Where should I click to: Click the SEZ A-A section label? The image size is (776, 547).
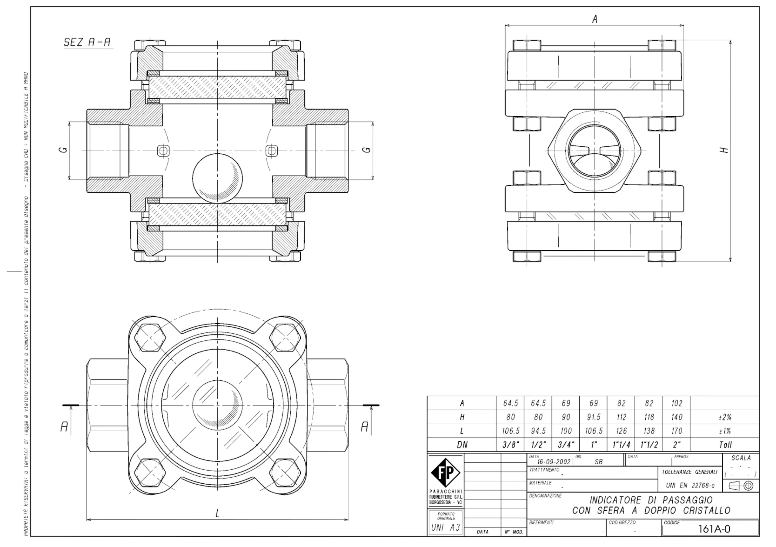[88, 42]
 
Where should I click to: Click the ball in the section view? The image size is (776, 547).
[217, 178]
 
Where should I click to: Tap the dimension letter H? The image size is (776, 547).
[724, 150]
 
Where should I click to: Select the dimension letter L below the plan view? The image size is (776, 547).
[217, 514]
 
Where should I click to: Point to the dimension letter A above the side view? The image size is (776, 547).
[595, 19]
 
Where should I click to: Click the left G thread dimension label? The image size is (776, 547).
[64, 150]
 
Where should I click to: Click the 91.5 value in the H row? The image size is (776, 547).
[593, 417]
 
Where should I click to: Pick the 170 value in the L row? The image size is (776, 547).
[676, 431]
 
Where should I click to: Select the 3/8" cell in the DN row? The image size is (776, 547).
[510, 445]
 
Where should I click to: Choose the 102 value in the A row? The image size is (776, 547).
[676, 403]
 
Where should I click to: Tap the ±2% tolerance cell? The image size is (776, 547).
[725, 417]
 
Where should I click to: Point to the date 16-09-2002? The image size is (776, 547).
[554, 462]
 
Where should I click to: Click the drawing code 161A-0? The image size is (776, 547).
[714, 529]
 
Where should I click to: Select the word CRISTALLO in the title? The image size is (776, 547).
[707, 511]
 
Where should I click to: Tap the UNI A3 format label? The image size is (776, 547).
[446, 528]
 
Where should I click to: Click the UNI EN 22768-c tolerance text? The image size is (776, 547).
[690, 485]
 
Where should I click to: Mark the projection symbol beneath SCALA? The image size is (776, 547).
[741, 486]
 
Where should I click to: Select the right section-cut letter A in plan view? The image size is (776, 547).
[364, 427]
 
